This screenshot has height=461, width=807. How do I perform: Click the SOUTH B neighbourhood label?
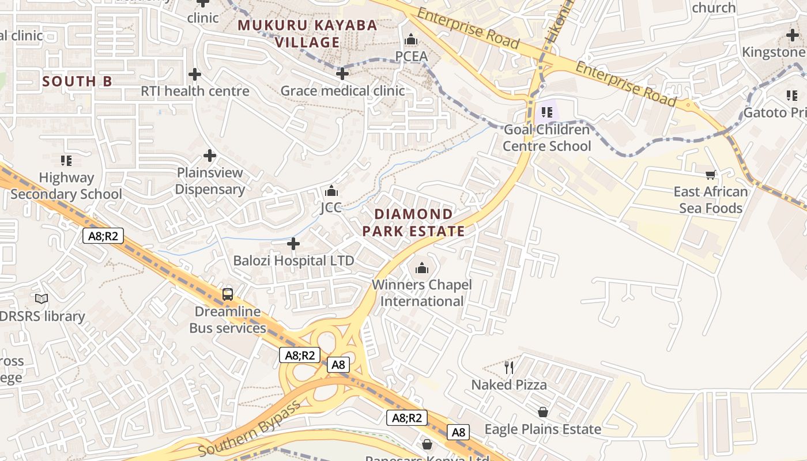(77, 81)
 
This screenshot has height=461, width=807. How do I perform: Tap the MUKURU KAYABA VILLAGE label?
(307, 33)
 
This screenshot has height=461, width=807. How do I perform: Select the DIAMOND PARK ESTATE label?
(413, 222)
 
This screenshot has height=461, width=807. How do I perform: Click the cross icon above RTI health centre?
(195, 74)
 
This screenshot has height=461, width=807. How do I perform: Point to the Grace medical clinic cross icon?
(342, 74)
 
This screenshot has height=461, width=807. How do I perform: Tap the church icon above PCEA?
(411, 40)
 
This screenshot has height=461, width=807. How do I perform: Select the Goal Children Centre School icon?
(546, 112)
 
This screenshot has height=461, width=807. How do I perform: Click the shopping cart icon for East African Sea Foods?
(710, 175)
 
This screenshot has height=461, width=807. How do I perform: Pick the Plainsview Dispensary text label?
(210, 180)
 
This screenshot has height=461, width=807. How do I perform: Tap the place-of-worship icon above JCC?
(331, 191)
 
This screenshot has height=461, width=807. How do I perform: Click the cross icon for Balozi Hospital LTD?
(293, 244)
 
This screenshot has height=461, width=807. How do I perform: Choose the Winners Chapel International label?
(422, 293)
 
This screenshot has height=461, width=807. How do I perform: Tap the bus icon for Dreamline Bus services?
(228, 294)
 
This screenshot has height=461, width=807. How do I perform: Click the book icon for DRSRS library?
(42, 298)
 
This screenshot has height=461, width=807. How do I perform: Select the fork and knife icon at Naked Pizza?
(508, 367)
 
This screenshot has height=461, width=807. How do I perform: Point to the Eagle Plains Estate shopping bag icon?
(542, 412)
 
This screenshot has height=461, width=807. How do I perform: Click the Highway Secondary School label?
(66, 186)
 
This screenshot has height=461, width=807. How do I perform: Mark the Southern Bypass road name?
(249, 427)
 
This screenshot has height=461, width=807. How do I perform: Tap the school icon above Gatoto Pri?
(791, 95)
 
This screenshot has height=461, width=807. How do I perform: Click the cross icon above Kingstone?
(792, 35)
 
